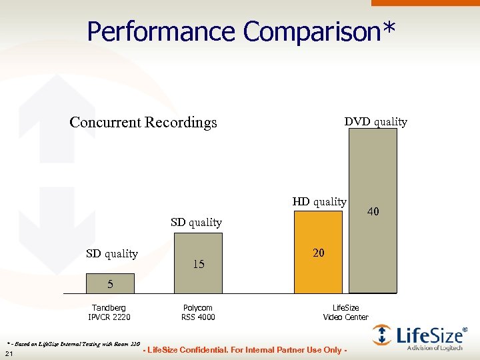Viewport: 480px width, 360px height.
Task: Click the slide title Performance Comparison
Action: point(241,31)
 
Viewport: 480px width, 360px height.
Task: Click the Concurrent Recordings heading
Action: point(143,123)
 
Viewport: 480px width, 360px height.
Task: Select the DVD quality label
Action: point(375,121)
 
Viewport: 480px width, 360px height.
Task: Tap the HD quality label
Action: point(319,201)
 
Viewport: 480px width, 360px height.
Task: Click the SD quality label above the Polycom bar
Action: point(196,222)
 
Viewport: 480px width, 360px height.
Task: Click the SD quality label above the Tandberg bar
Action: point(112,253)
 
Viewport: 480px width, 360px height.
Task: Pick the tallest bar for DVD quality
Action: point(373,167)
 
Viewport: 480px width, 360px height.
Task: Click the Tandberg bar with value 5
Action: point(110,284)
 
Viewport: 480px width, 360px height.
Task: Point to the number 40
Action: point(373,211)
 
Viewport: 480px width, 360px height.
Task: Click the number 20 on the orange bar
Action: point(319,253)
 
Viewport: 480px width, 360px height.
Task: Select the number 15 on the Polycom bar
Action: point(198,265)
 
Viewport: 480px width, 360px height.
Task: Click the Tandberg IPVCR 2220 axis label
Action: point(109,312)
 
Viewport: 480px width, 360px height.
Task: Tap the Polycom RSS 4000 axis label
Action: point(198,312)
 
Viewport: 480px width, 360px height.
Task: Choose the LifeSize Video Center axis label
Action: point(345,312)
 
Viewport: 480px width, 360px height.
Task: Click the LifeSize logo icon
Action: point(382,334)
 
